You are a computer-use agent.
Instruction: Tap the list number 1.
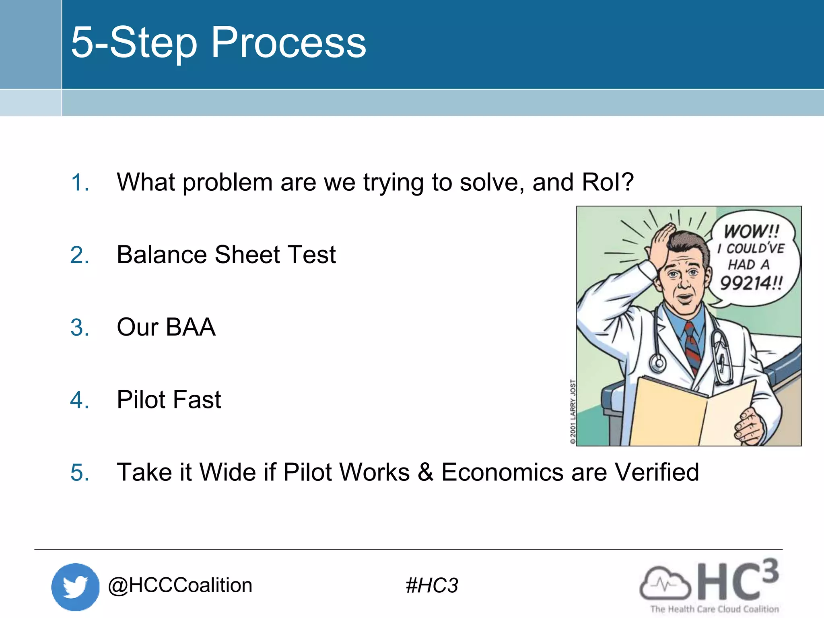(79, 183)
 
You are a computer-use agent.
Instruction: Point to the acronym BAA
(190, 327)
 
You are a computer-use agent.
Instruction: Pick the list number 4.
(79, 400)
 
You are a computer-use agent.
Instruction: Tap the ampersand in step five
(425, 472)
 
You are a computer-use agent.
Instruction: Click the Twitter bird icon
(75, 587)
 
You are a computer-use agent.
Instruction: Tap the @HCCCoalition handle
(180, 585)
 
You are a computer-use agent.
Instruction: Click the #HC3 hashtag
(432, 585)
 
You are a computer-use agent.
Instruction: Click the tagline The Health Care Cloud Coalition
(715, 609)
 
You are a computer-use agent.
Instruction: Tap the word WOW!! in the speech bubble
(752, 231)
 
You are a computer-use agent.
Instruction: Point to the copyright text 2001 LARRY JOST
(573, 411)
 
